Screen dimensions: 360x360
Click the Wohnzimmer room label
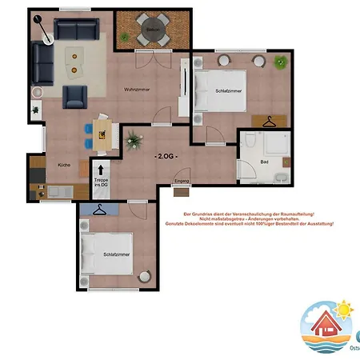138,89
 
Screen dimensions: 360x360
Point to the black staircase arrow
101,170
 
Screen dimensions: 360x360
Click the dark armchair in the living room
75,97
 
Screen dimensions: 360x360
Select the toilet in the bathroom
250,142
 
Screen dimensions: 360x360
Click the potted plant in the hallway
133,142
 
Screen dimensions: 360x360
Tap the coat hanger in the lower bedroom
99,210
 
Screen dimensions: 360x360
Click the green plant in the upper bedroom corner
279,62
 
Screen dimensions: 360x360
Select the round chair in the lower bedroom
145,276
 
